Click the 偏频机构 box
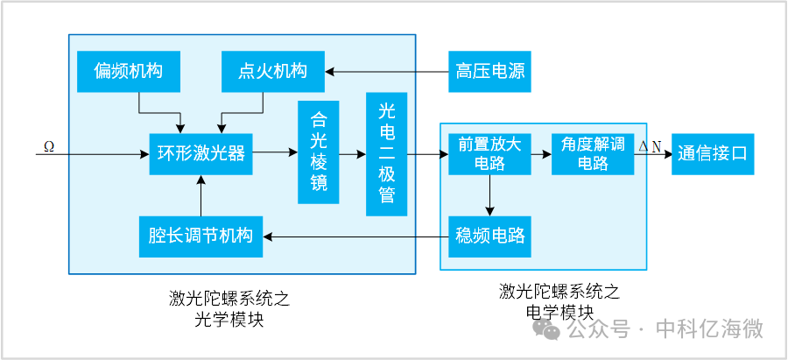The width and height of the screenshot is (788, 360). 128,72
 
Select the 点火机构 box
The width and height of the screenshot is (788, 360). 272,72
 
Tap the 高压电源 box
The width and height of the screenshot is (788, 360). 489,72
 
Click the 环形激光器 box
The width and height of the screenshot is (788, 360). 201,154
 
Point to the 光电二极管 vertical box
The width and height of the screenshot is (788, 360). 387,153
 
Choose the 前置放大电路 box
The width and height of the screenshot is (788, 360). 484,153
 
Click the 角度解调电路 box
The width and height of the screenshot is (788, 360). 593,153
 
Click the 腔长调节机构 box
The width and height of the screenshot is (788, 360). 201,236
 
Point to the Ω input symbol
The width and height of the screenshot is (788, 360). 49,145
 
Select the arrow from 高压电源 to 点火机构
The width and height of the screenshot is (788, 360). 386,72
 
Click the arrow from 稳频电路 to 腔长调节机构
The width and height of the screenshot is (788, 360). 355,236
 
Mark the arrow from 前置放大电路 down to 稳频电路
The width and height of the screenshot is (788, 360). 489,194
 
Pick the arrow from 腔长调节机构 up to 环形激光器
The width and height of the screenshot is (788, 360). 201,194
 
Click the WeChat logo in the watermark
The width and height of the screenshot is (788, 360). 547,329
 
